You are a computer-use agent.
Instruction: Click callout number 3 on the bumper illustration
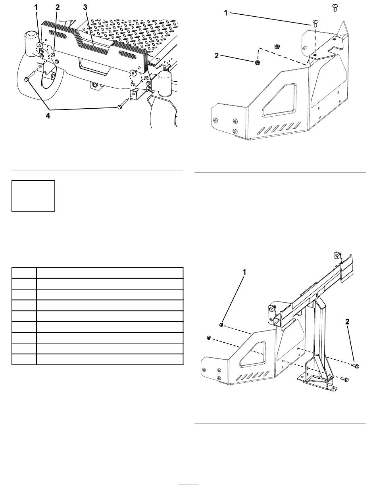(x=85, y=8)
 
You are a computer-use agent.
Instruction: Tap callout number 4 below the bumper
(x=48, y=116)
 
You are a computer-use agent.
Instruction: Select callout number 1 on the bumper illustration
(x=36, y=8)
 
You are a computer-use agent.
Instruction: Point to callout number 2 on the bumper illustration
(x=58, y=8)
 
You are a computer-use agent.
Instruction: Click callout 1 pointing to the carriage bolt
(x=226, y=13)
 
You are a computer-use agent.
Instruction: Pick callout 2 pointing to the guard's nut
(x=217, y=56)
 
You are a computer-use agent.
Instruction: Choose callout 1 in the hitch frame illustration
(x=244, y=272)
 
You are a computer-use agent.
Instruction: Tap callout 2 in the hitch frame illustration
(x=347, y=322)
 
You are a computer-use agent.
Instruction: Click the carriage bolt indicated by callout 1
(x=315, y=23)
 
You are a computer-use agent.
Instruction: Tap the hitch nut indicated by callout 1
(x=221, y=325)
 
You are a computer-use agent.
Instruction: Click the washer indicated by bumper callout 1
(x=40, y=46)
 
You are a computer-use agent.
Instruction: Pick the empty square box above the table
(x=33, y=196)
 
